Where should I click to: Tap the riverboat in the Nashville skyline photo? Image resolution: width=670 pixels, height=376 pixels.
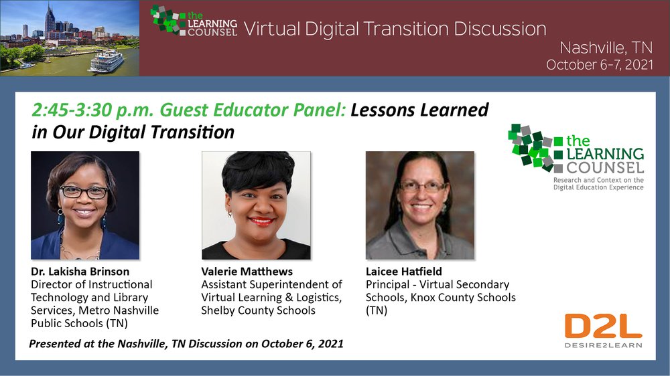[x=106, y=62]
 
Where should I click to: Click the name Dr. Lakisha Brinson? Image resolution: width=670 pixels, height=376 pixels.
[x=80, y=272]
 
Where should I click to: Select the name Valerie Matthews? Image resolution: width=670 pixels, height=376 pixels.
[x=247, y=272]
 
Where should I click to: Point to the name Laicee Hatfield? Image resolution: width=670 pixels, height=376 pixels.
[x=404, y=272]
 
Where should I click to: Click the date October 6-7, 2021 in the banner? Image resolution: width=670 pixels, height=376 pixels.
[x=600, y=64]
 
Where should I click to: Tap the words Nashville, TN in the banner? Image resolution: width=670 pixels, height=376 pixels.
[x=606, y=48]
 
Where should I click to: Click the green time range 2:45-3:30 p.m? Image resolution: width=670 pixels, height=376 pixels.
[x=92, y=110]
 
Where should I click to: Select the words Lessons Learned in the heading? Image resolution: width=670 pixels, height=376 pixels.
[x=419, y=110]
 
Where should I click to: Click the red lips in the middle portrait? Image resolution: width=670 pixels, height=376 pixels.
[x=261, y=221]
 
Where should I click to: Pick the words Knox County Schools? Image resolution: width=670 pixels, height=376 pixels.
[x=463, y=298]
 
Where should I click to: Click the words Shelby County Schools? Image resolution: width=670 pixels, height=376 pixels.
[x=258, y=310]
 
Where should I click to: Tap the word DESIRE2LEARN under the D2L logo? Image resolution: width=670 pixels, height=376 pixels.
[x=603, y=345]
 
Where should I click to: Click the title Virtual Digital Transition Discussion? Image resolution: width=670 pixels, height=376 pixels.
[x=395, y=29]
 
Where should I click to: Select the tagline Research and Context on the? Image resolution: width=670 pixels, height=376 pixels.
[x=598, y=180]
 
